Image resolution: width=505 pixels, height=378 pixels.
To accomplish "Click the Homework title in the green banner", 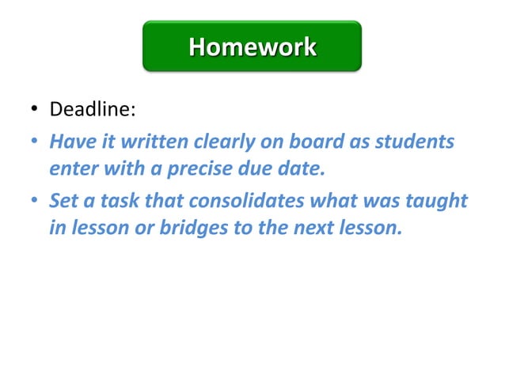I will (252, 47).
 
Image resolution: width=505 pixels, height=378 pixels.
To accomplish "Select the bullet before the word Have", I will (36, 143).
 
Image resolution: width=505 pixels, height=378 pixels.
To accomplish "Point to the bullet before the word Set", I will (36, 202).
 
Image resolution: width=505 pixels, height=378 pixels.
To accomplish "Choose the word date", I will (303, 168).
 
